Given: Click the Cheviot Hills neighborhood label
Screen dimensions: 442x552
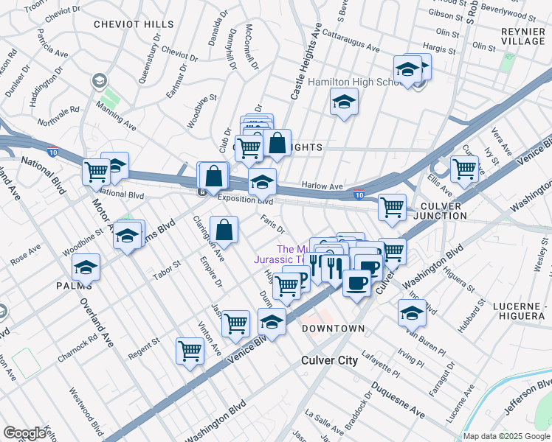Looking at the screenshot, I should click(134, 24).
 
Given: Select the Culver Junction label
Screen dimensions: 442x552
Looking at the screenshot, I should click(433, 211).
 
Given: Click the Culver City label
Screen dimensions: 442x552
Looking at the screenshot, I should click(329, 360).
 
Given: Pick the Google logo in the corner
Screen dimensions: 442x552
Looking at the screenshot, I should click(24, 434).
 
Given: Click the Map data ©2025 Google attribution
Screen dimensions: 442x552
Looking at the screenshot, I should click(506, 436).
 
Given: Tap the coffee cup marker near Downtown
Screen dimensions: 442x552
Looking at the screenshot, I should click(356, 284).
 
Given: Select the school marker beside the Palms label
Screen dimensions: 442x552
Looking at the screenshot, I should click(87, 268).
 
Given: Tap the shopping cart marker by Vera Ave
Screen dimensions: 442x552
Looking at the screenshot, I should click(464, 169).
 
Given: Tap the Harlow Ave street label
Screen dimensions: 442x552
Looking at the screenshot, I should click(322, 187).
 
